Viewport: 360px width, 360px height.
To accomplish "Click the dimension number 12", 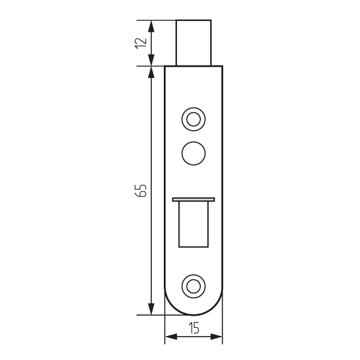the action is [141, 43].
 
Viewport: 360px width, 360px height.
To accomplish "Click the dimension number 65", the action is [140, 190].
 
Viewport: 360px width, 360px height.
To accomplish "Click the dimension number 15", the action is [194, 328].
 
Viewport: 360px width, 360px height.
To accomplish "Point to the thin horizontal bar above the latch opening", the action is [194, 199].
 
